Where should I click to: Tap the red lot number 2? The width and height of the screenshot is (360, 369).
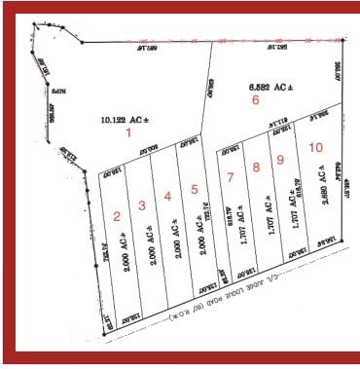117,216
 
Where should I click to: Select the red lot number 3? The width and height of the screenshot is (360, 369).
142,204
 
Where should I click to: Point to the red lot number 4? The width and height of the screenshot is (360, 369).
167,197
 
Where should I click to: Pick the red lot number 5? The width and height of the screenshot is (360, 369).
195,189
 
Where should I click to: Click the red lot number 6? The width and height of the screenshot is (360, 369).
256,99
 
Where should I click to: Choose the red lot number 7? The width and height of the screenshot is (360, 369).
231,177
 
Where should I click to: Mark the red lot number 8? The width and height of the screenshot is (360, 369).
256,167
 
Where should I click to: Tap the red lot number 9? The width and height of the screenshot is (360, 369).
280,160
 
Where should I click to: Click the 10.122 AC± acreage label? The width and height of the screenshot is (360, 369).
125,120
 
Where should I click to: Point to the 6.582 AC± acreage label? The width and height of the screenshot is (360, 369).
269,87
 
